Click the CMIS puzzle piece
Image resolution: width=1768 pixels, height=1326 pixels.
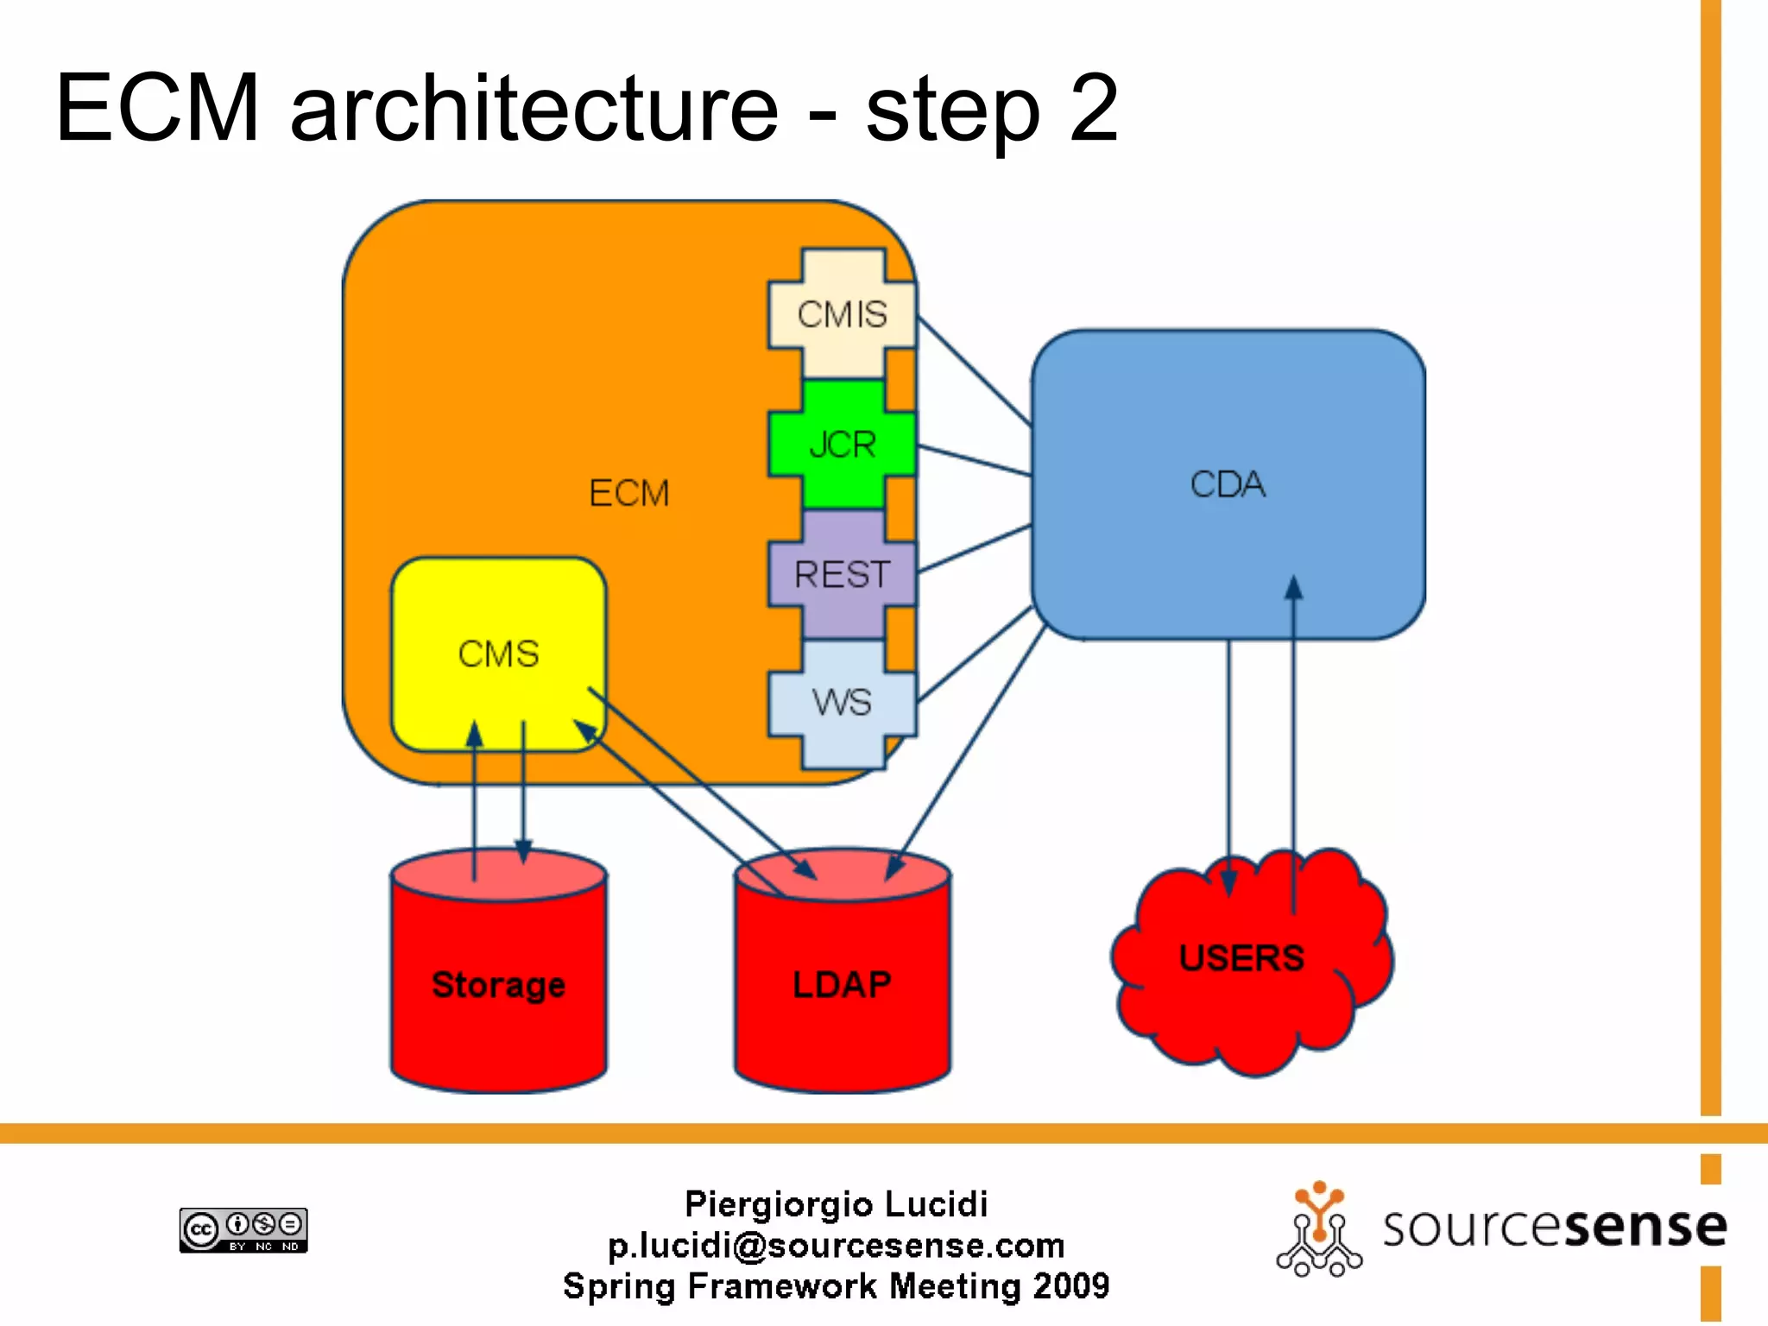[x=842, y=313]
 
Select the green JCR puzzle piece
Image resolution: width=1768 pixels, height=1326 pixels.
[x=842, y=444]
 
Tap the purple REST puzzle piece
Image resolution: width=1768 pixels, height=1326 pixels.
[x=842, y=574]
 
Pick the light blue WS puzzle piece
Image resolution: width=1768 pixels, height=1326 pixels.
[x=842, y=703]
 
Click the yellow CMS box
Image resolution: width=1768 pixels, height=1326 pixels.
[x=498, y=654]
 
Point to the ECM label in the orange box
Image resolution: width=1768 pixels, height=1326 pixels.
[x=628, y=493]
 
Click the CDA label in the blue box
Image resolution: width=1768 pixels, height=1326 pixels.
[x=1227, y=484]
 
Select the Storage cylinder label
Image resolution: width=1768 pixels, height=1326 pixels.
[x=498, y=985]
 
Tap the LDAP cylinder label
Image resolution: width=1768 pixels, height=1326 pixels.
[x=842, y=984]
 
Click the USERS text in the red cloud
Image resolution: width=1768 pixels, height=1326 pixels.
[x=1241, y=958]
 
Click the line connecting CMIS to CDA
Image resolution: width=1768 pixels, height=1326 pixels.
[x=975, y=371]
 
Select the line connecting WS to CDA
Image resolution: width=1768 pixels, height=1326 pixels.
[x=975, y=654]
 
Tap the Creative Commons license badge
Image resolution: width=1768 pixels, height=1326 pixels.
[x=243, y=1229]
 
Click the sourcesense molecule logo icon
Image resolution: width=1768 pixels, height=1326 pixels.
[x=1319, y=1229]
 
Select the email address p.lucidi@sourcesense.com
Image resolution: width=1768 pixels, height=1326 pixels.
[x=836, y=1245]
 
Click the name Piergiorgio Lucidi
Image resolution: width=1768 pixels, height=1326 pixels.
[x=836, y=1204]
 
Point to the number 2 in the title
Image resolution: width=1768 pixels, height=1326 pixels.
[x=1093, y=109]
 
